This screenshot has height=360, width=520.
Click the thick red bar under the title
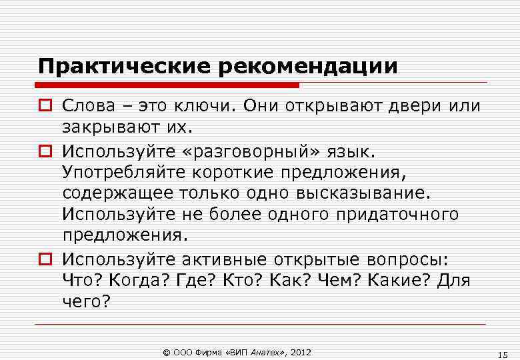(x=167, y=85)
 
